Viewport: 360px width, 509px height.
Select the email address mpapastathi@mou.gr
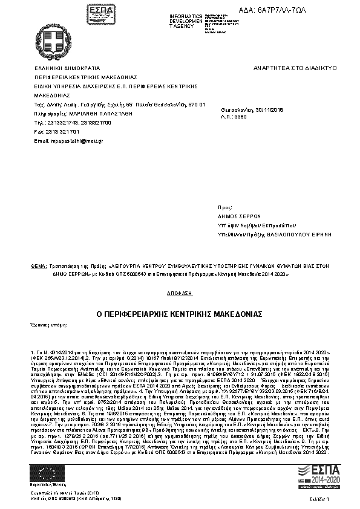[70, 140]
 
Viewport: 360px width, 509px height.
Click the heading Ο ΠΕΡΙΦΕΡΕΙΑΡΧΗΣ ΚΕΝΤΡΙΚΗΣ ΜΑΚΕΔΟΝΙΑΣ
[179, 314]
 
